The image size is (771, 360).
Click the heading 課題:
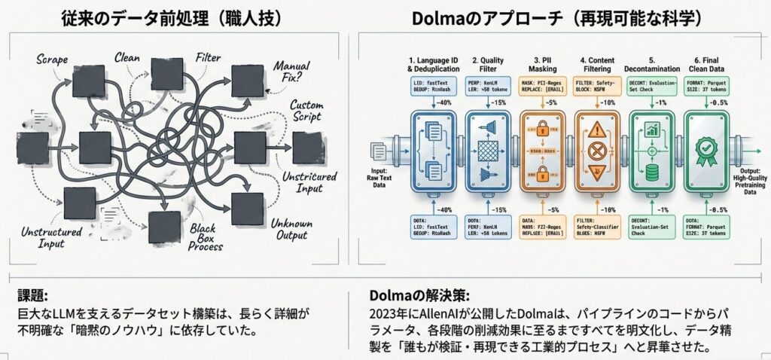(x=31, y=295)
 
